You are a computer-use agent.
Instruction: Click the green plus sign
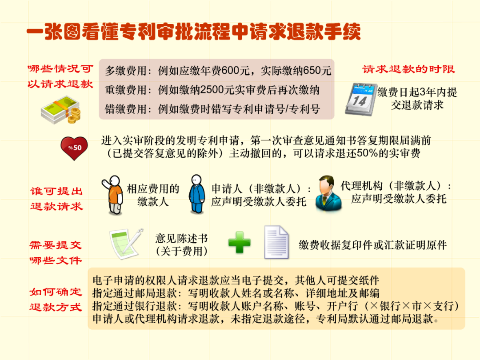(x=239, y=242)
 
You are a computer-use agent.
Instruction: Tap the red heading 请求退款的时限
(x=408, y=69)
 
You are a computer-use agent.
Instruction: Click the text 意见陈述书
(x=181, y=239)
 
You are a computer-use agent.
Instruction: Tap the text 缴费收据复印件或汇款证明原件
(x=372, y=245)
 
